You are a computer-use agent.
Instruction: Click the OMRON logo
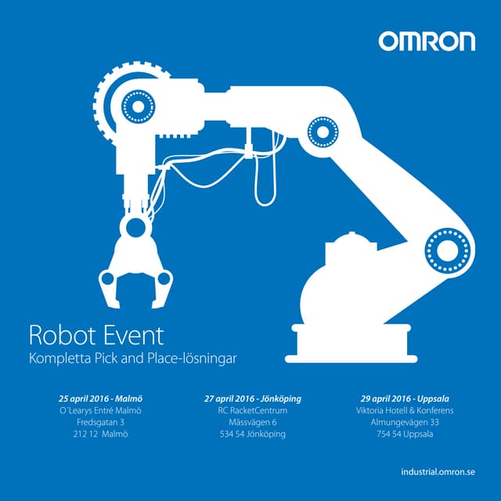point(427,41)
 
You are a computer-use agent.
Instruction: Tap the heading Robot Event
point(96,336)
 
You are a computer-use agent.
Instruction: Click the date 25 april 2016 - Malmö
point(100,398)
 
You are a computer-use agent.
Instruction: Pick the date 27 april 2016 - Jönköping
point(252,398)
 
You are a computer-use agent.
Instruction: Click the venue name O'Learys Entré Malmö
point(100,410)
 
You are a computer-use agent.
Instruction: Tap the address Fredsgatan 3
point(100,422)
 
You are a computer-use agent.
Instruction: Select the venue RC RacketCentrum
point(252,410)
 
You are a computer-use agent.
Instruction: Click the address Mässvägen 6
point(252,422)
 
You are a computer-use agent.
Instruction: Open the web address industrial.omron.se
point(437,472)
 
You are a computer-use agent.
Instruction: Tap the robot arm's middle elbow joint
point(320,131)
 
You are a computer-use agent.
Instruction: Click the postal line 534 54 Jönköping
point(252,434)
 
